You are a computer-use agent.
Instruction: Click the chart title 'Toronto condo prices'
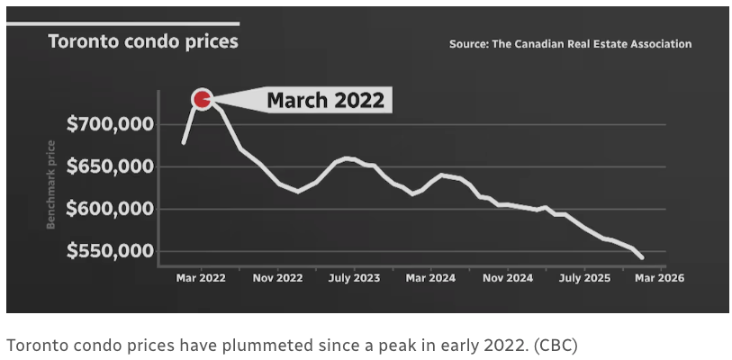click(x=142, y=41)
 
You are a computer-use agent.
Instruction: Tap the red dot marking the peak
click(x=202, y=98)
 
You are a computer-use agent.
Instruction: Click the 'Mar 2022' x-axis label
click(x=201, y=278)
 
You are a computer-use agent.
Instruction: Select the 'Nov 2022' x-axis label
click(x=277, y=278)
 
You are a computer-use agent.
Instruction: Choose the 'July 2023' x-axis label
click(x=354, y=278)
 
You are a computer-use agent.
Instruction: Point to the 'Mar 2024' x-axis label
click(x=430, y=278)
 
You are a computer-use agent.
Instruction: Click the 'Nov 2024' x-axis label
click(x=508, y=278)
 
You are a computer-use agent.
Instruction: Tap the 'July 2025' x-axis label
click(x=584, y=278)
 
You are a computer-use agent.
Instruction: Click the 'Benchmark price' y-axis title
click(x=51, y=184)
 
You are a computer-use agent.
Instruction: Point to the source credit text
click(x=570, y=43)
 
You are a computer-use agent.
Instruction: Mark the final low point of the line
click(x=642, y=258)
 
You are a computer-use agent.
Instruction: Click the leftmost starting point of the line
click(x=184, y=142)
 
